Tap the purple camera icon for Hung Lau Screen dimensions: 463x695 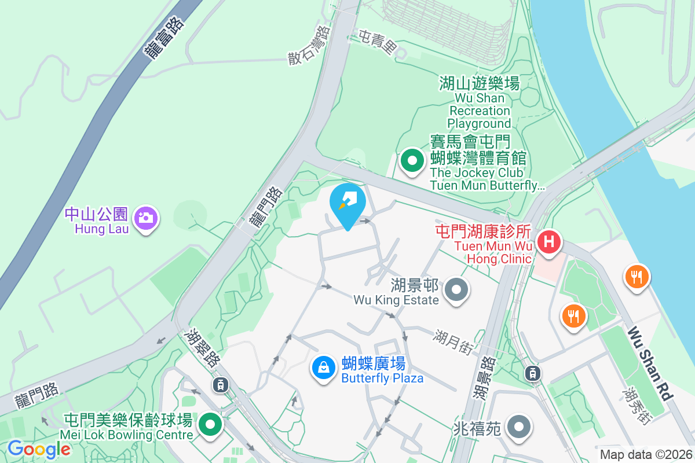(146, 218)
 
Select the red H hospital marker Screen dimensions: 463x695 (548, 240)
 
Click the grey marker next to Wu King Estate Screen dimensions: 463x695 (457, 289)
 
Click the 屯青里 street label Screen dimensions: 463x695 (377, 42)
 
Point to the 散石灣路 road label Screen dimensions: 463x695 (309, 44)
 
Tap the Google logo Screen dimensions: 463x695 (39, 449)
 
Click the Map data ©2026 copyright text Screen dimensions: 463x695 (646, 455)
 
